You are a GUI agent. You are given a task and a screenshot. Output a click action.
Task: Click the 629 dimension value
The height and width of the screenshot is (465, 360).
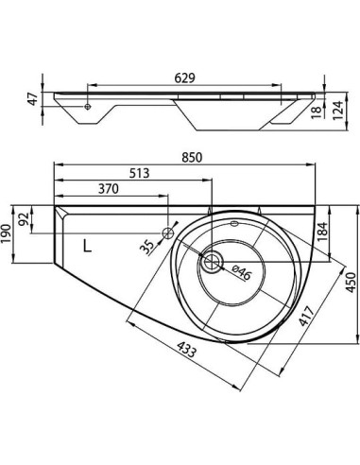point(185,77)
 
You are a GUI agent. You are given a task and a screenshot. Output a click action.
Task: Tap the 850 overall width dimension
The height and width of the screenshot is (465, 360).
point(192,158)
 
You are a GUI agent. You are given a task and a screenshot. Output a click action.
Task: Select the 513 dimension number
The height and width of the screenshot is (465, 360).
point(139,173)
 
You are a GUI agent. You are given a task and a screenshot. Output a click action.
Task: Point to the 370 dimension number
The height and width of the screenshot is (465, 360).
point(109,189)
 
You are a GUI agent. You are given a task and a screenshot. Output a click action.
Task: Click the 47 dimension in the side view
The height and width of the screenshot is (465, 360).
point(33,99)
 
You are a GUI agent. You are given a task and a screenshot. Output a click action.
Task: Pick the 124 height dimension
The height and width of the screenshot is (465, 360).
point(337,110)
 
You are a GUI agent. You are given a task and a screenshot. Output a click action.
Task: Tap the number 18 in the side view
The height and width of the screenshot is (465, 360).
point(317,112)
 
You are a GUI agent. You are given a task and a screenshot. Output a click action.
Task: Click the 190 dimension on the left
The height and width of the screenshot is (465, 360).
point(7,233)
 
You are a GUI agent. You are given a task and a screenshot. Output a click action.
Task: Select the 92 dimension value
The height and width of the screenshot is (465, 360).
point(24,219)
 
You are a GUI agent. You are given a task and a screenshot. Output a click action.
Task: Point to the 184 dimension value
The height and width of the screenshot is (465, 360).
point(322,232)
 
